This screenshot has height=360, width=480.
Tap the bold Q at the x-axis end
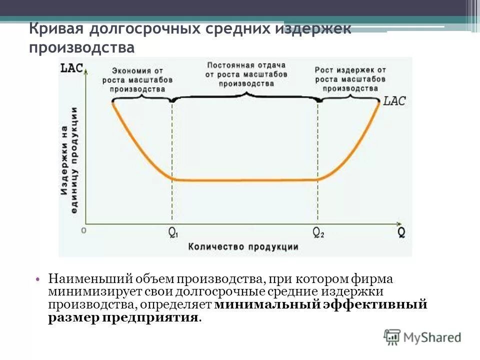[401, 232]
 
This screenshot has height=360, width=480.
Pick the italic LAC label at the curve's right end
[394, 101]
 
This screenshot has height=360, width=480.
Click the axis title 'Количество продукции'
[243, 246]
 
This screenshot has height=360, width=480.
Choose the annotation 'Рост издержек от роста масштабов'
[350, 78]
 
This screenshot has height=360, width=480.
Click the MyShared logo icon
[392, 337]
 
